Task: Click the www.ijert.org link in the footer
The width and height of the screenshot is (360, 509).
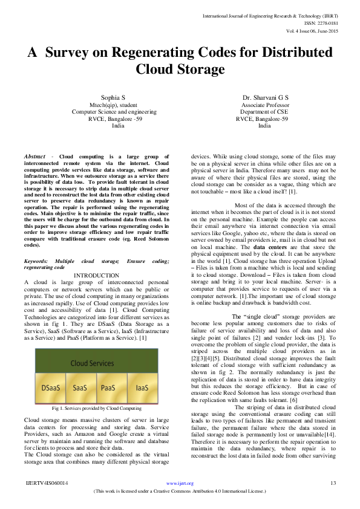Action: click(x=180, y=483)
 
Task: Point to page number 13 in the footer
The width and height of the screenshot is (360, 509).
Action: click(x=332, y=483)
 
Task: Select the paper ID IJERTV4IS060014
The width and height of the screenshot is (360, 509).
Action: click(x=47, y=483)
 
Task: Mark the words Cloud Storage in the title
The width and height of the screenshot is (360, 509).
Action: click(x=180, y=70)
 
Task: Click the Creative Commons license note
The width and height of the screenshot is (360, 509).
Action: click(x=180, y=491)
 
